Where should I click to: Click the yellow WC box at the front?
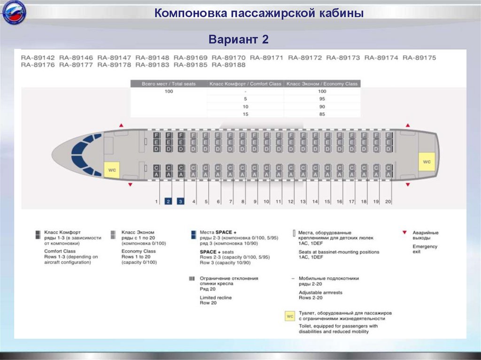coord(112,169)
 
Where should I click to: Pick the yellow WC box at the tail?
coord(427,162)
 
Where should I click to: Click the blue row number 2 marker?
coord(168,201)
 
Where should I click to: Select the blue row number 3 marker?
coord(180,201)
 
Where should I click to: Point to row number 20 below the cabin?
coord(388,201)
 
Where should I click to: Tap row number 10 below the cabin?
coord(266,201)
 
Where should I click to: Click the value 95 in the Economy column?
coord(322,99)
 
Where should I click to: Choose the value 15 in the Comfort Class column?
coord(245,114)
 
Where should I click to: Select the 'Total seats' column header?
coord(169,84)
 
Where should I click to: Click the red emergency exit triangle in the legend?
coord(404,232)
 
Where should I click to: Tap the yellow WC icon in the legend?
coord(290,316)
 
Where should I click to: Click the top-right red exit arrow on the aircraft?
coord(408,125)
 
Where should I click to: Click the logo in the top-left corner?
coord(14,14)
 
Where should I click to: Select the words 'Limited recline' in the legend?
coord(216,298)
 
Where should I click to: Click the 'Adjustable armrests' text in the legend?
coord(320,292)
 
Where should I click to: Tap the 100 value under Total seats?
coord(169,92)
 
